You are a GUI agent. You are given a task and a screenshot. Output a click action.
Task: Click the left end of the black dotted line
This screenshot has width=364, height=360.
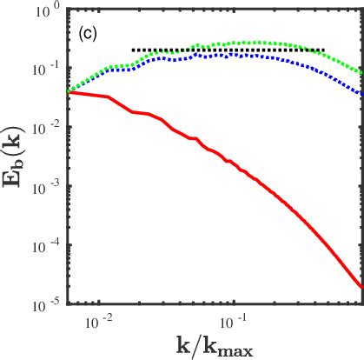point(132,50)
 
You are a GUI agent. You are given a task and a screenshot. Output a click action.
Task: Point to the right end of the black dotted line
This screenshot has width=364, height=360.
point(324,50)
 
